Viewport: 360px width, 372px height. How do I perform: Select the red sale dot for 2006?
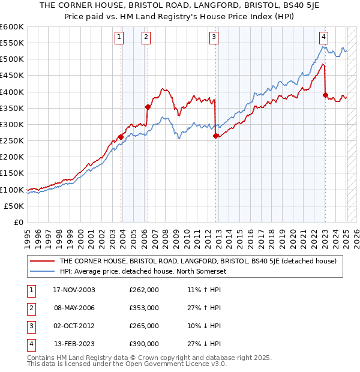[x=148, y=107]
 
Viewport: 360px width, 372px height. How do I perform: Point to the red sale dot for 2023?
[x=325, y=95]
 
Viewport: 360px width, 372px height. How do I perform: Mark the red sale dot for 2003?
[x=121, y=137]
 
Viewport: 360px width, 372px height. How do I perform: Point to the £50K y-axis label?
[x=14, y=206]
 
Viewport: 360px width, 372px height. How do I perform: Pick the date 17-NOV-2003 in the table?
[x=74, y=290]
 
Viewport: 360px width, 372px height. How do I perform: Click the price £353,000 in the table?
[x=144, y=308]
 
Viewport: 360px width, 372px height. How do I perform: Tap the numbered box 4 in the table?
[x=29, y=344]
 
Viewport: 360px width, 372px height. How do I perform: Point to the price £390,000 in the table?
[x=144, y=344]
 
